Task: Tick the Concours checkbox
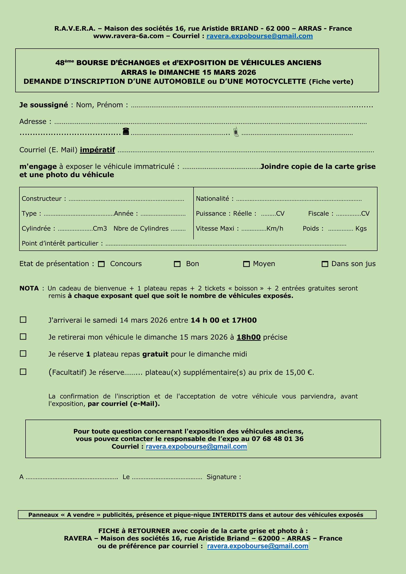(x=101, y=264)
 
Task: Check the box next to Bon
(x=177, y=264)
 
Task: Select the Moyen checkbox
(x=246, y=264)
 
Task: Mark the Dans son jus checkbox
(x=325, y=264)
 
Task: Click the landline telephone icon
(x=126, y=131)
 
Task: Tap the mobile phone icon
(x=236, y=132)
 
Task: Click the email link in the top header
(x=259, y=36)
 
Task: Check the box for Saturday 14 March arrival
(x=23, y=320)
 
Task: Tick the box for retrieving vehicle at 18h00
(x=23, y=337)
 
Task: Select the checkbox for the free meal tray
(x=23, y=354)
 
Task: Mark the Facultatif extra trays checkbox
(x=23, y=372)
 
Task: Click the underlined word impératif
(x=97, y=150)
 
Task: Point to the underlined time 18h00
(x=248, y=337)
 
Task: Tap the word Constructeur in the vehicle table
(x=42, y=199)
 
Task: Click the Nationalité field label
(x=212, y=199)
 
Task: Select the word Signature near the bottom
(x=221, y=477)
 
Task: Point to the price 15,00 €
(x=299, y=372)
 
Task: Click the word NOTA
(x=29, y=288)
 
